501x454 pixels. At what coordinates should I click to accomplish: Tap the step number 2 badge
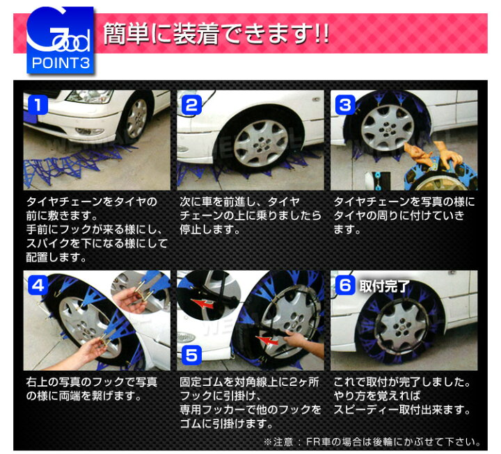pos(191,105)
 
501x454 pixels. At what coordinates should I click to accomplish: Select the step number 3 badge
pos(344,105)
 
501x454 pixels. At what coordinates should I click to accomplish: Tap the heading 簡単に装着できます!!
pos(216,33)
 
